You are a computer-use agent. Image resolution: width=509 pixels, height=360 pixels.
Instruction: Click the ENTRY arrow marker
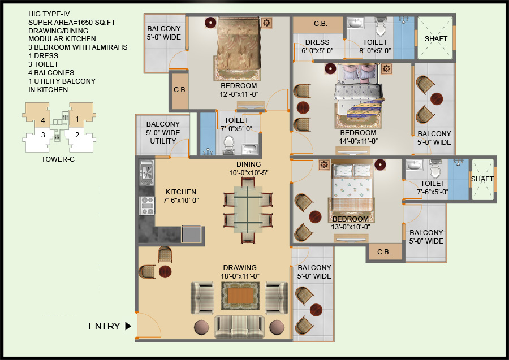coord(128,326)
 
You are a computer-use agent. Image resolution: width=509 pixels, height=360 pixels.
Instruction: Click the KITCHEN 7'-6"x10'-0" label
coord(181,196)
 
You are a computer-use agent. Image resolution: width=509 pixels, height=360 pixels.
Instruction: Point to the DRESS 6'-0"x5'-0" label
coord(317,46)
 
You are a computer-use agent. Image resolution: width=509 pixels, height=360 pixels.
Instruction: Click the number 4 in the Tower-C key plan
coord(42,120)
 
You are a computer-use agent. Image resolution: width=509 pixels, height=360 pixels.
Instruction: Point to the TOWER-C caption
coord(58,159)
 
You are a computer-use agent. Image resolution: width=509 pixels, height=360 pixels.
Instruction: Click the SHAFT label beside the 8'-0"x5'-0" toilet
coord(436,39)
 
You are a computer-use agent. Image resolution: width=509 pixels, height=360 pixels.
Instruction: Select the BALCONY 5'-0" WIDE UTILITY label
coord(163,132)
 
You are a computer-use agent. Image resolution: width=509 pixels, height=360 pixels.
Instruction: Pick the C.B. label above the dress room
coord(321,24)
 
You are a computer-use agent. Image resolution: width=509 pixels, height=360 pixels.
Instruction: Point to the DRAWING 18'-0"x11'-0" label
coord(240,272)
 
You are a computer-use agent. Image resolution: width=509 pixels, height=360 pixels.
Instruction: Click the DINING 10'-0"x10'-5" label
coord(248,168)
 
